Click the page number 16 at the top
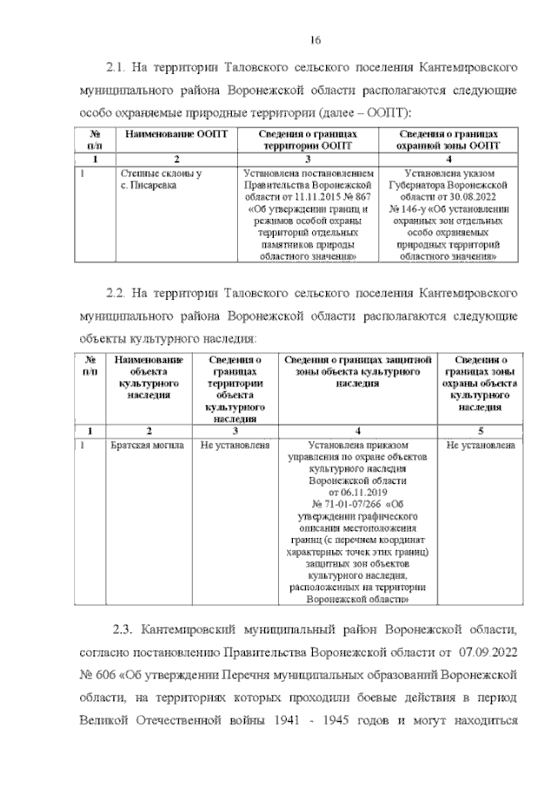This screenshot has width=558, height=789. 316,40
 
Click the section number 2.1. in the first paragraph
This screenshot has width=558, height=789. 117,66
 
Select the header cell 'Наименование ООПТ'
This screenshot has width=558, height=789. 175,136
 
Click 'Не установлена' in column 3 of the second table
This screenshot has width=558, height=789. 234,445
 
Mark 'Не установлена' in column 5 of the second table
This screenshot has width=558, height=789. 480,445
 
